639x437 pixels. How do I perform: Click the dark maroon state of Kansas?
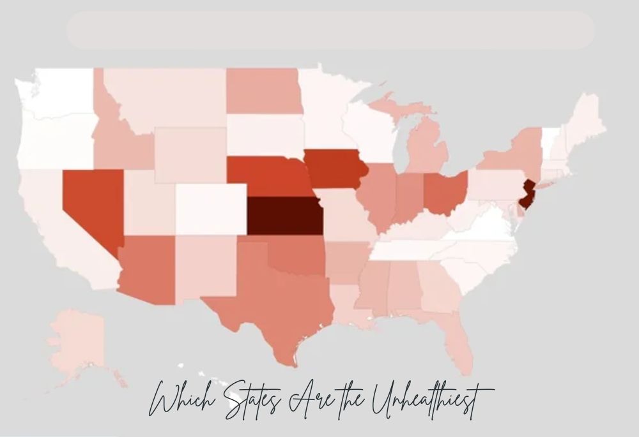284,215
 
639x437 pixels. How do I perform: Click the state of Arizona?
147,268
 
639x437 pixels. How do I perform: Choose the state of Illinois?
377,195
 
